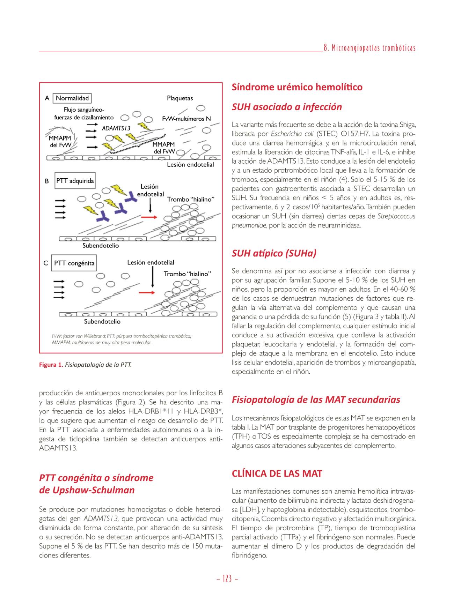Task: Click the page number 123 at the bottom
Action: point(227,579)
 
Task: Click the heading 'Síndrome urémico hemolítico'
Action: point(297,87)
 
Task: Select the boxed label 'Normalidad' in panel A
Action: point(72,98)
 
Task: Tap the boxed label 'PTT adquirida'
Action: point(75,181)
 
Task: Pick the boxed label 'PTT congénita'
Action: point(74,263)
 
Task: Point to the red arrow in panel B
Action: point(149,217)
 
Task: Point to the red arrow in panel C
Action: point(147,292)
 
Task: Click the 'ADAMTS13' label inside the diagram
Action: point(116,128)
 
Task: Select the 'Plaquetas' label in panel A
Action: point(180,98)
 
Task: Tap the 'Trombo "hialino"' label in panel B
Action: point(190,199)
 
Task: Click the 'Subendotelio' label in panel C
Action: point(102,321)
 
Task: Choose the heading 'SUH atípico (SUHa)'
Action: point(274,253)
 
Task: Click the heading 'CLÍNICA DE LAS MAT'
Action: point(277,473)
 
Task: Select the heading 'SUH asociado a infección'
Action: point(286,107)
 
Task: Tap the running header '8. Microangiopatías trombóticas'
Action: point(369,48)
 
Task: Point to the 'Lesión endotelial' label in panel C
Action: point(151,262)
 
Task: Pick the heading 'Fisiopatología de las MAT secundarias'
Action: point(316,399)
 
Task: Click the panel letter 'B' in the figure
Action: point(47,181)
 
